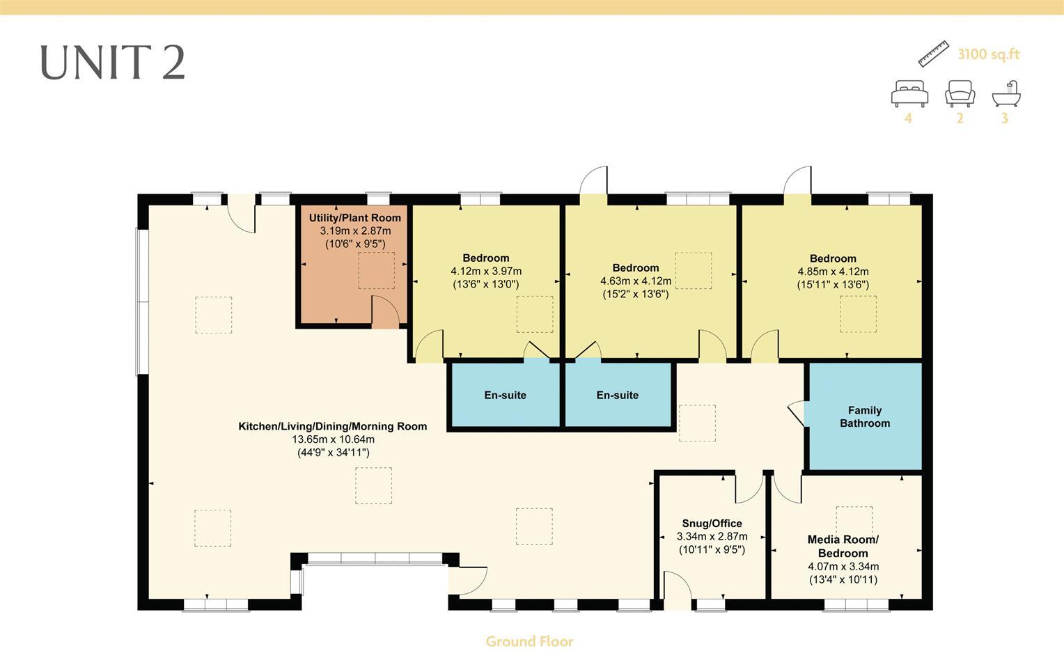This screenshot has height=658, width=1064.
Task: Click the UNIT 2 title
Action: coord(112,62)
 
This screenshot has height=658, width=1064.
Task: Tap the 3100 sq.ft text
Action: coord(988,54)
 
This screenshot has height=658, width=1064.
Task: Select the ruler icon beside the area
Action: coord(933,54)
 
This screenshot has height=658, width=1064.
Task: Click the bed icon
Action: coord(909,93)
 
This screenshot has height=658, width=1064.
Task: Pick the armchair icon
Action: coord(960,93)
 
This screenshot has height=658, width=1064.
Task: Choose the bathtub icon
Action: coord(1006,93)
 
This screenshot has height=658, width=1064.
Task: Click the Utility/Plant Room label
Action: coord(354,218)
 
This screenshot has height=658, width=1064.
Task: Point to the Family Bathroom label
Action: coord(864,416)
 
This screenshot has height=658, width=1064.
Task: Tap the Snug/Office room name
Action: coord(712,524)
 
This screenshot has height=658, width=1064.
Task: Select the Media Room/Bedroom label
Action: coord(843,546)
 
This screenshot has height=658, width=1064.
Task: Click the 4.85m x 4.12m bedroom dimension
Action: coord(833,272)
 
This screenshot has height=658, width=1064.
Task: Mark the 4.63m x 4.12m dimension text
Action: coord(635,281)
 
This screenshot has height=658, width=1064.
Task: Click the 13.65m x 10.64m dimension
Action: coord(333,439)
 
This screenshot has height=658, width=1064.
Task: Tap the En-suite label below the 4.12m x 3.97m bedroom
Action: coord(505,395)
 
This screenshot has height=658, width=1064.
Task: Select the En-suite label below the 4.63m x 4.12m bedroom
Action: coord(617,395)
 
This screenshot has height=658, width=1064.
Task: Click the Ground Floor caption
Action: coord(529,641)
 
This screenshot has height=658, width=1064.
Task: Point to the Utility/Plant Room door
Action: coord(384,313)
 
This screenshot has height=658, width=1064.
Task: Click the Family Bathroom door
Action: coord(795,413)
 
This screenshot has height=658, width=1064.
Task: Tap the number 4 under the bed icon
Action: coord(908,118)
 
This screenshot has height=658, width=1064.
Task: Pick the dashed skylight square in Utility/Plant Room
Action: coord(376,271)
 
